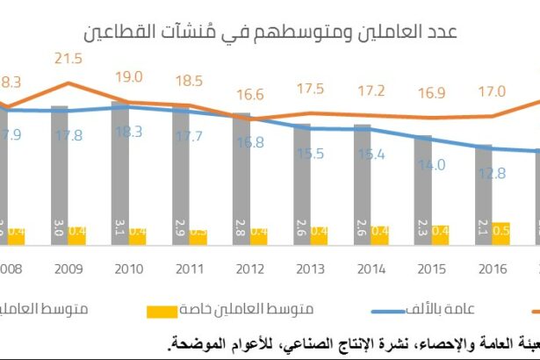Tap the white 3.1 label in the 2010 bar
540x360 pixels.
119,233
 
